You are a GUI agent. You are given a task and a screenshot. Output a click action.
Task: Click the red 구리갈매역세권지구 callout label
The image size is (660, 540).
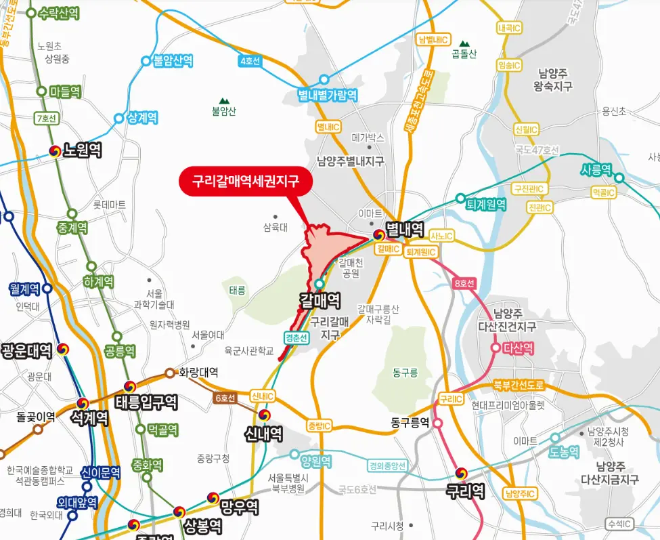pyautogui.click(x=246, y=182)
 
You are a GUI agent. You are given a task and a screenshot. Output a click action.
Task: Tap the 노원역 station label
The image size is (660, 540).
pyautogui.click(x=82, y=150)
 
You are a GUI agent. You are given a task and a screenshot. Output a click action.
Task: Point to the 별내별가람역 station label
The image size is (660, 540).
pyautogui.click(x=328, y=95)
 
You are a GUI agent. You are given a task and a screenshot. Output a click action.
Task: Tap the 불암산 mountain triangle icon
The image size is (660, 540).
pyautogui.click(x=223, y=100)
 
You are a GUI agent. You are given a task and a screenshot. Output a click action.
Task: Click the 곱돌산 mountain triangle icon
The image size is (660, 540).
pyautogui.click(x=464, y=43)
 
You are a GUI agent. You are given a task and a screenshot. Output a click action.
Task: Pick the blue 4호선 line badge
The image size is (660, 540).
pyautogui.click(x=250, y=61)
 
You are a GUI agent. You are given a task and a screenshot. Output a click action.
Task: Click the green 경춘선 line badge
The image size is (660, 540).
pyautogui.click(x=296, y=337)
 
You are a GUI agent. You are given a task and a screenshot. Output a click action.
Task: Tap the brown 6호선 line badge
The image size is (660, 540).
pyautogui.click(x=224, y=398)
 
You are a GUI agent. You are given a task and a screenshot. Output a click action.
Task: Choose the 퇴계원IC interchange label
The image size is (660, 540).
pyautogui.click(x=421, y=252)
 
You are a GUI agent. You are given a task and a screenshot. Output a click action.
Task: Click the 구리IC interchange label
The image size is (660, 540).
pyautogui.click(x=450, y=399)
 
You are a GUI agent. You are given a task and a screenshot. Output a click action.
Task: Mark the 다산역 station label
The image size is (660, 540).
pyautogui.click(x=519, y=348)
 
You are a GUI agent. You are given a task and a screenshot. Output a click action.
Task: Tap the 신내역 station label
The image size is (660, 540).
pyautogui.click(x=263, y=433)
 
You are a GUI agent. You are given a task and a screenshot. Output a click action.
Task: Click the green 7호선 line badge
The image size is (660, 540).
pyautogui.click(x=45, y=119)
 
